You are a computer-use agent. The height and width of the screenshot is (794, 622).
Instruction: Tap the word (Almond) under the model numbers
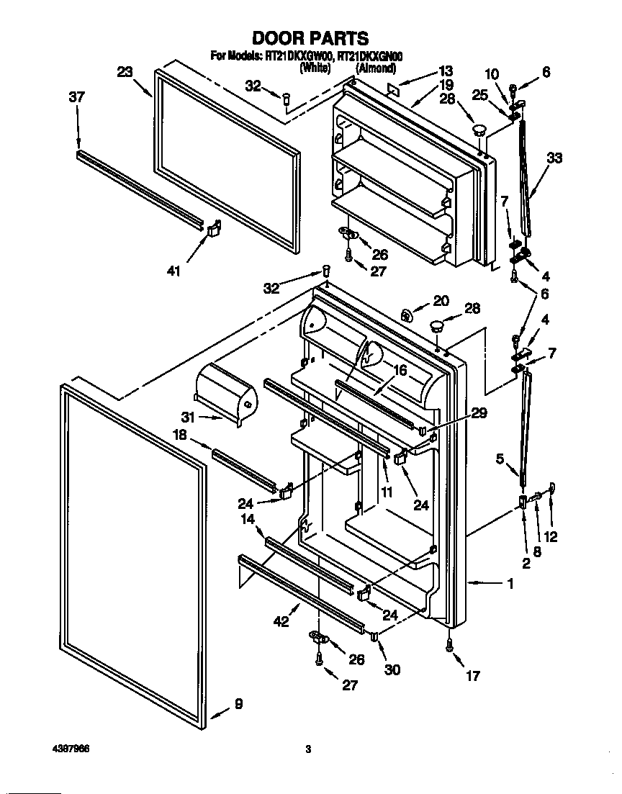pos(375,68)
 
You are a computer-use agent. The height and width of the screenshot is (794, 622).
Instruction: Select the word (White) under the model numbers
pos(315,68)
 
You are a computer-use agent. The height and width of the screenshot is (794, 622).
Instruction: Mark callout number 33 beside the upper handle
pos(554,160)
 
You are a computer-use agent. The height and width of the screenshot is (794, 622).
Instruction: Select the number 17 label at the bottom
pos(472,676)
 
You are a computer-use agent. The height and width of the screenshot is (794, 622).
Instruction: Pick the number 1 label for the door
pos(510,585)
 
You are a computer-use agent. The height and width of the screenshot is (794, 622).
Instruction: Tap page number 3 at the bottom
pos(307,749)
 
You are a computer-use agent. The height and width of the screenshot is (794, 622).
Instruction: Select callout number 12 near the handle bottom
pos(551,536)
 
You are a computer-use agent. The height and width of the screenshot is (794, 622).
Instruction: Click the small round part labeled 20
pos(407,315)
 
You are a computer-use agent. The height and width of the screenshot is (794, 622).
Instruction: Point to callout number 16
pos(400,371)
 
